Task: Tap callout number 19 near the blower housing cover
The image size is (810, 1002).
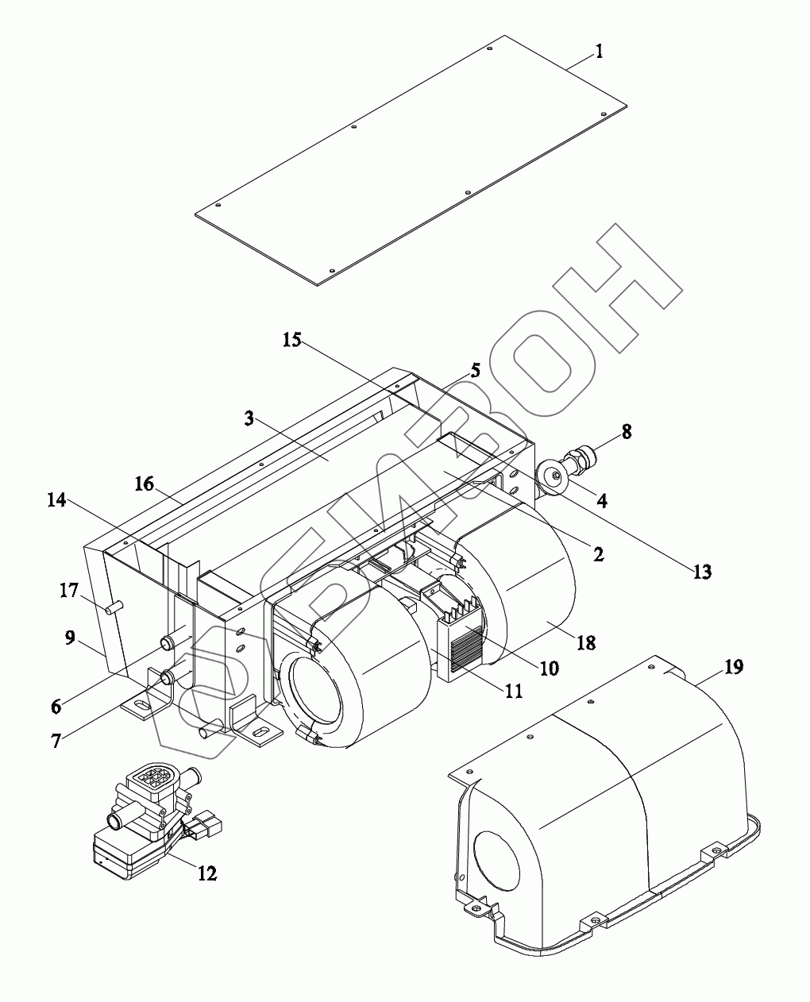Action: click(734, 667)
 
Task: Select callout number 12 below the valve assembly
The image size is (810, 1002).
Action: click(207, 873)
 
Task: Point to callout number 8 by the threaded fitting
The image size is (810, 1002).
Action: click(627, 433)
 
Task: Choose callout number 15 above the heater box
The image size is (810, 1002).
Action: click(292, 340)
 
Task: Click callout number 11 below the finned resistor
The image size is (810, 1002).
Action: click(513, 690)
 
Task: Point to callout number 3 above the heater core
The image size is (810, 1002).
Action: click(249, 418)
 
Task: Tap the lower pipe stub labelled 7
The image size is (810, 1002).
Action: click(168, 677)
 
